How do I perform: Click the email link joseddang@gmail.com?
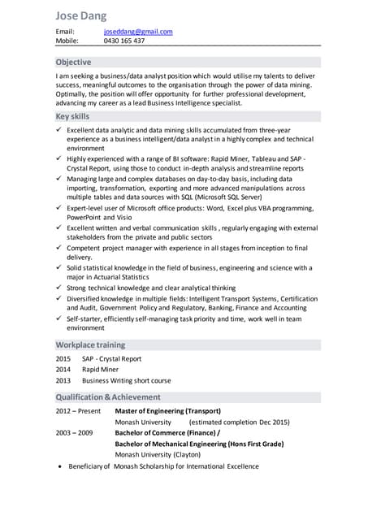point(138,32)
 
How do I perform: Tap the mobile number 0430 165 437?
point(124,41)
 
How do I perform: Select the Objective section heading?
point(73,62)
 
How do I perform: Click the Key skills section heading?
point(72,116)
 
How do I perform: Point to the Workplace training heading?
point(90,345)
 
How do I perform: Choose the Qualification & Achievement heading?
point(108,396)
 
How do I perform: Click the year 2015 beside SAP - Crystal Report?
point(63,358)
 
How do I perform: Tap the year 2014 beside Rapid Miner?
point(63,369)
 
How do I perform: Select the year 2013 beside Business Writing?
point(63,380)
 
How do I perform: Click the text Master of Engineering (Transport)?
point(167,410)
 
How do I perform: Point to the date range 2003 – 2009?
point(74,433)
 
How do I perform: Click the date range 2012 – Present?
point(78,410)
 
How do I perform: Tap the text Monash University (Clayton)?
point(158,455)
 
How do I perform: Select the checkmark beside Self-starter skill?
point(59,319)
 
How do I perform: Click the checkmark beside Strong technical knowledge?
point(59,288)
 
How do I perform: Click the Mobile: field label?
point(67,41)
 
